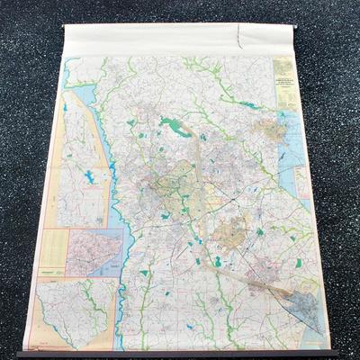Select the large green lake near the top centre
175,127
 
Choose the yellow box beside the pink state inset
53,252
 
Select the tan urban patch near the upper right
269,130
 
